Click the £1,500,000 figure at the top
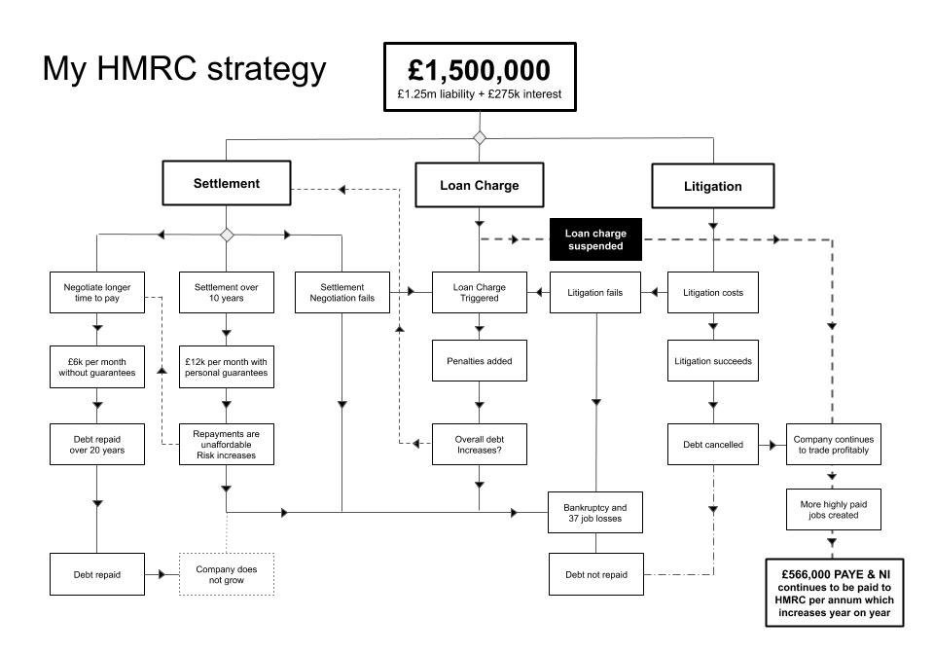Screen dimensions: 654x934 479,70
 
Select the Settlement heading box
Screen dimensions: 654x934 227,183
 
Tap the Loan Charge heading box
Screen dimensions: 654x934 479,185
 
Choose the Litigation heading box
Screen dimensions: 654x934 712,186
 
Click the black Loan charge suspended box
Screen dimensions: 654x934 595,239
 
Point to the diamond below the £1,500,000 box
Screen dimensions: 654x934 479,137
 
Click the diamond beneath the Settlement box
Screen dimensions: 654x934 227,235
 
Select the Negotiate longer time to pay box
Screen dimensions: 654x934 97,292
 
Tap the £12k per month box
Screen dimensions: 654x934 227,367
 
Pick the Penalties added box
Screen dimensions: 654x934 479,361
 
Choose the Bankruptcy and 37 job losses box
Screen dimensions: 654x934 595,513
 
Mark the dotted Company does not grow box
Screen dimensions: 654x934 227,574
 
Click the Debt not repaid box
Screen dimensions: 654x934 595,574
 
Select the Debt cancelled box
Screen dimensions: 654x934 712,445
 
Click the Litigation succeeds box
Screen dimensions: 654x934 712,361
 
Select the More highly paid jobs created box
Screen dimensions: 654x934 834,510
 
